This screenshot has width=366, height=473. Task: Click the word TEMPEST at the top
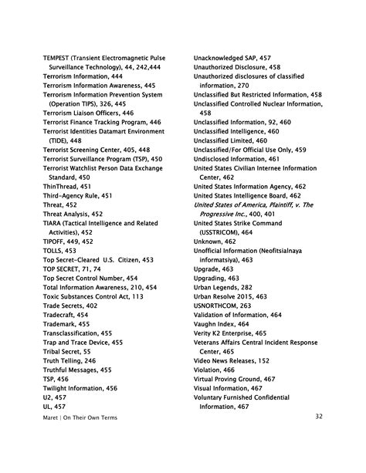58,57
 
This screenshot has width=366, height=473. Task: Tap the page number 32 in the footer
340,417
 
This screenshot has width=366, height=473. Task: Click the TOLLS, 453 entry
59,251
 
